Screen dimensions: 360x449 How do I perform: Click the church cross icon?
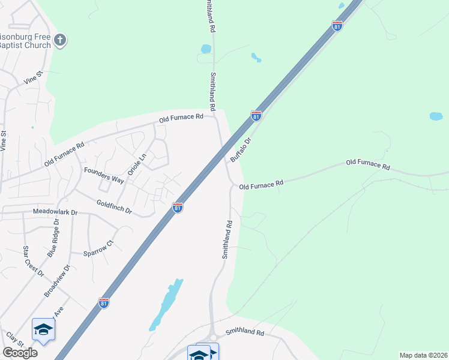pyautogui.click(x=59, y=40)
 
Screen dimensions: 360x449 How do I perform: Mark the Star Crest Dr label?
pyautogui.click(x=34, y=260)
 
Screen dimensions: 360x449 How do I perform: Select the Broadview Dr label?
pyautogui.click(x=57, y=281)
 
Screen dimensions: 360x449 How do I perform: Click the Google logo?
pyautogui.click(x=20, y=353)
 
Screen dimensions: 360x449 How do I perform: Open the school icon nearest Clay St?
pyautogui.click(x=43, y=329)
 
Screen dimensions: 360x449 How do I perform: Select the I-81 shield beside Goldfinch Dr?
pyautogui.click(x=178, y=207)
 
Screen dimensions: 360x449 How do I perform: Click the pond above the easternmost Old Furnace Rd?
pyautogui.click(x=436, y=116)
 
